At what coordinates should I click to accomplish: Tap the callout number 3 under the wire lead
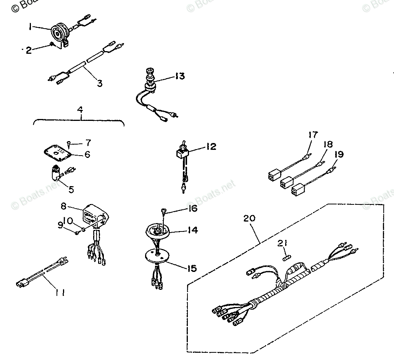(99, 83)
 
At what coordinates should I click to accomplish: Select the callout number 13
(179, 76)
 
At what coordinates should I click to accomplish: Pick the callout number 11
(60, 292)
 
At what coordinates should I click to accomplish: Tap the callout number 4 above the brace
(80, 110)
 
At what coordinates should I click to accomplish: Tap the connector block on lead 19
(300, 190)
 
